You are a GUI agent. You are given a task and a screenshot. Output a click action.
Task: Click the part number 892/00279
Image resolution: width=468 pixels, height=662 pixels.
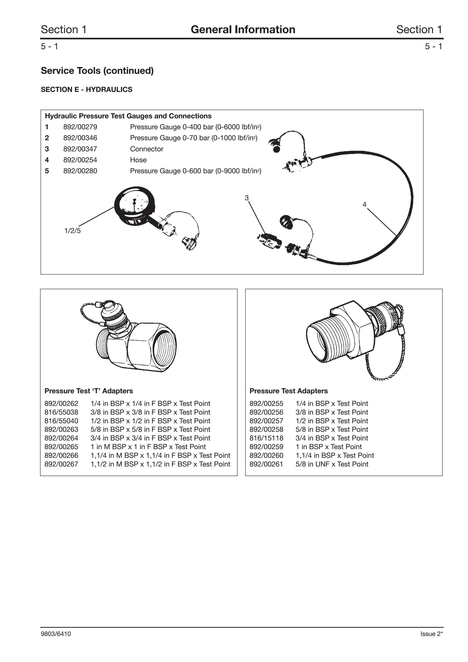(80, 127)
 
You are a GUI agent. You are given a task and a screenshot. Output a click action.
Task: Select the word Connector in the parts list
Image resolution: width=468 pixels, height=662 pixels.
(147, 149)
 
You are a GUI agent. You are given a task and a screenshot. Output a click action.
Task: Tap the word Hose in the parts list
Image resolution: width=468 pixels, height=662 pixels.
(138, 160)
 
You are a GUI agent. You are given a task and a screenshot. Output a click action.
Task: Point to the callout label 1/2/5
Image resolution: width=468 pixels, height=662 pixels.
(72, 231)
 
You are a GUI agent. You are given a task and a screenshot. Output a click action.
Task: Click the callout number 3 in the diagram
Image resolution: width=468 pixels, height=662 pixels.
(247, 198)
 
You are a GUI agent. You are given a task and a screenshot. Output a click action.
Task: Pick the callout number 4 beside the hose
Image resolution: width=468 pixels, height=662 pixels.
(364, 204)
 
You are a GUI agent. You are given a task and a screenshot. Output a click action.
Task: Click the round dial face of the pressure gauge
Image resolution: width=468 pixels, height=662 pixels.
(134, 202)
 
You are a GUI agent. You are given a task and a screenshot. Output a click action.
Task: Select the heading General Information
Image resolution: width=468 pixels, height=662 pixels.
(243, 29)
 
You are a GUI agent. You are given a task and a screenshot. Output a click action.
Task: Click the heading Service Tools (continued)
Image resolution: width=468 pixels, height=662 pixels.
(97, 71)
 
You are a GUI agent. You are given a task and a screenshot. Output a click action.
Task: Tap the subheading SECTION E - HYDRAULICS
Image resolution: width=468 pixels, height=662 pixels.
(87, 90)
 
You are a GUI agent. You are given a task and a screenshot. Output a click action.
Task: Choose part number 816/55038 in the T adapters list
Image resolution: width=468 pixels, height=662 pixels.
(61, 412)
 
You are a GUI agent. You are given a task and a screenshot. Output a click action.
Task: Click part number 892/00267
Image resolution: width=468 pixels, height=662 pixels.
(61, 464)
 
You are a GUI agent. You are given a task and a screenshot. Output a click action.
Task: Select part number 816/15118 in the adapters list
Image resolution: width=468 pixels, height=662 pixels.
(266, 438)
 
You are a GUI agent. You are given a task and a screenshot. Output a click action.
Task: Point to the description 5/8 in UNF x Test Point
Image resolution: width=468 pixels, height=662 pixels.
(332, 464)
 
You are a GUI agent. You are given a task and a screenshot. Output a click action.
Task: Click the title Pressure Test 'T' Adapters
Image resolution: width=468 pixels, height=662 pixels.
(89, 391)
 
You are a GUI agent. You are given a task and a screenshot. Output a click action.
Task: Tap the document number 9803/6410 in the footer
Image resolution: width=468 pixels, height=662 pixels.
(56, 634)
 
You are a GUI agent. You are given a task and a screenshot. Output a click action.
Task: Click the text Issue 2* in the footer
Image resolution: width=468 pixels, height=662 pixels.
(431, 634)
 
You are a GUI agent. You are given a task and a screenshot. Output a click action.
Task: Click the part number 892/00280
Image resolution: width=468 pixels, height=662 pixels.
(80, 171)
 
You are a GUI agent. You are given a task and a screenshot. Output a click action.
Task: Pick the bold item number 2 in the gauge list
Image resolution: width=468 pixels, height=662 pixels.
(47, 138)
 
